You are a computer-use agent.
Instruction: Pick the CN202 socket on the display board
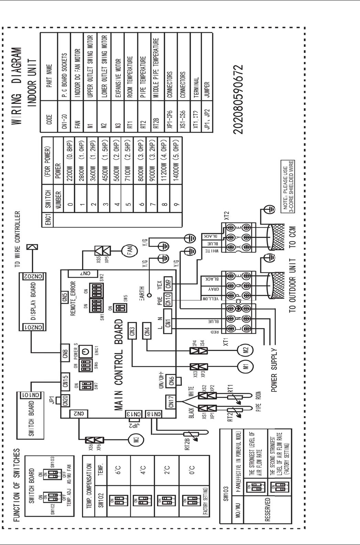tap(28, 276)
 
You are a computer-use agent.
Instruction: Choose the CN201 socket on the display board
tap(28, 327)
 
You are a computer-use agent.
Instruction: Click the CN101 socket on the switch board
tap(27, 395)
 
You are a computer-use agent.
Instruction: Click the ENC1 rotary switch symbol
tap(86, 350)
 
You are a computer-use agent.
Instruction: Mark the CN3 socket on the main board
tap(132, 331)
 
